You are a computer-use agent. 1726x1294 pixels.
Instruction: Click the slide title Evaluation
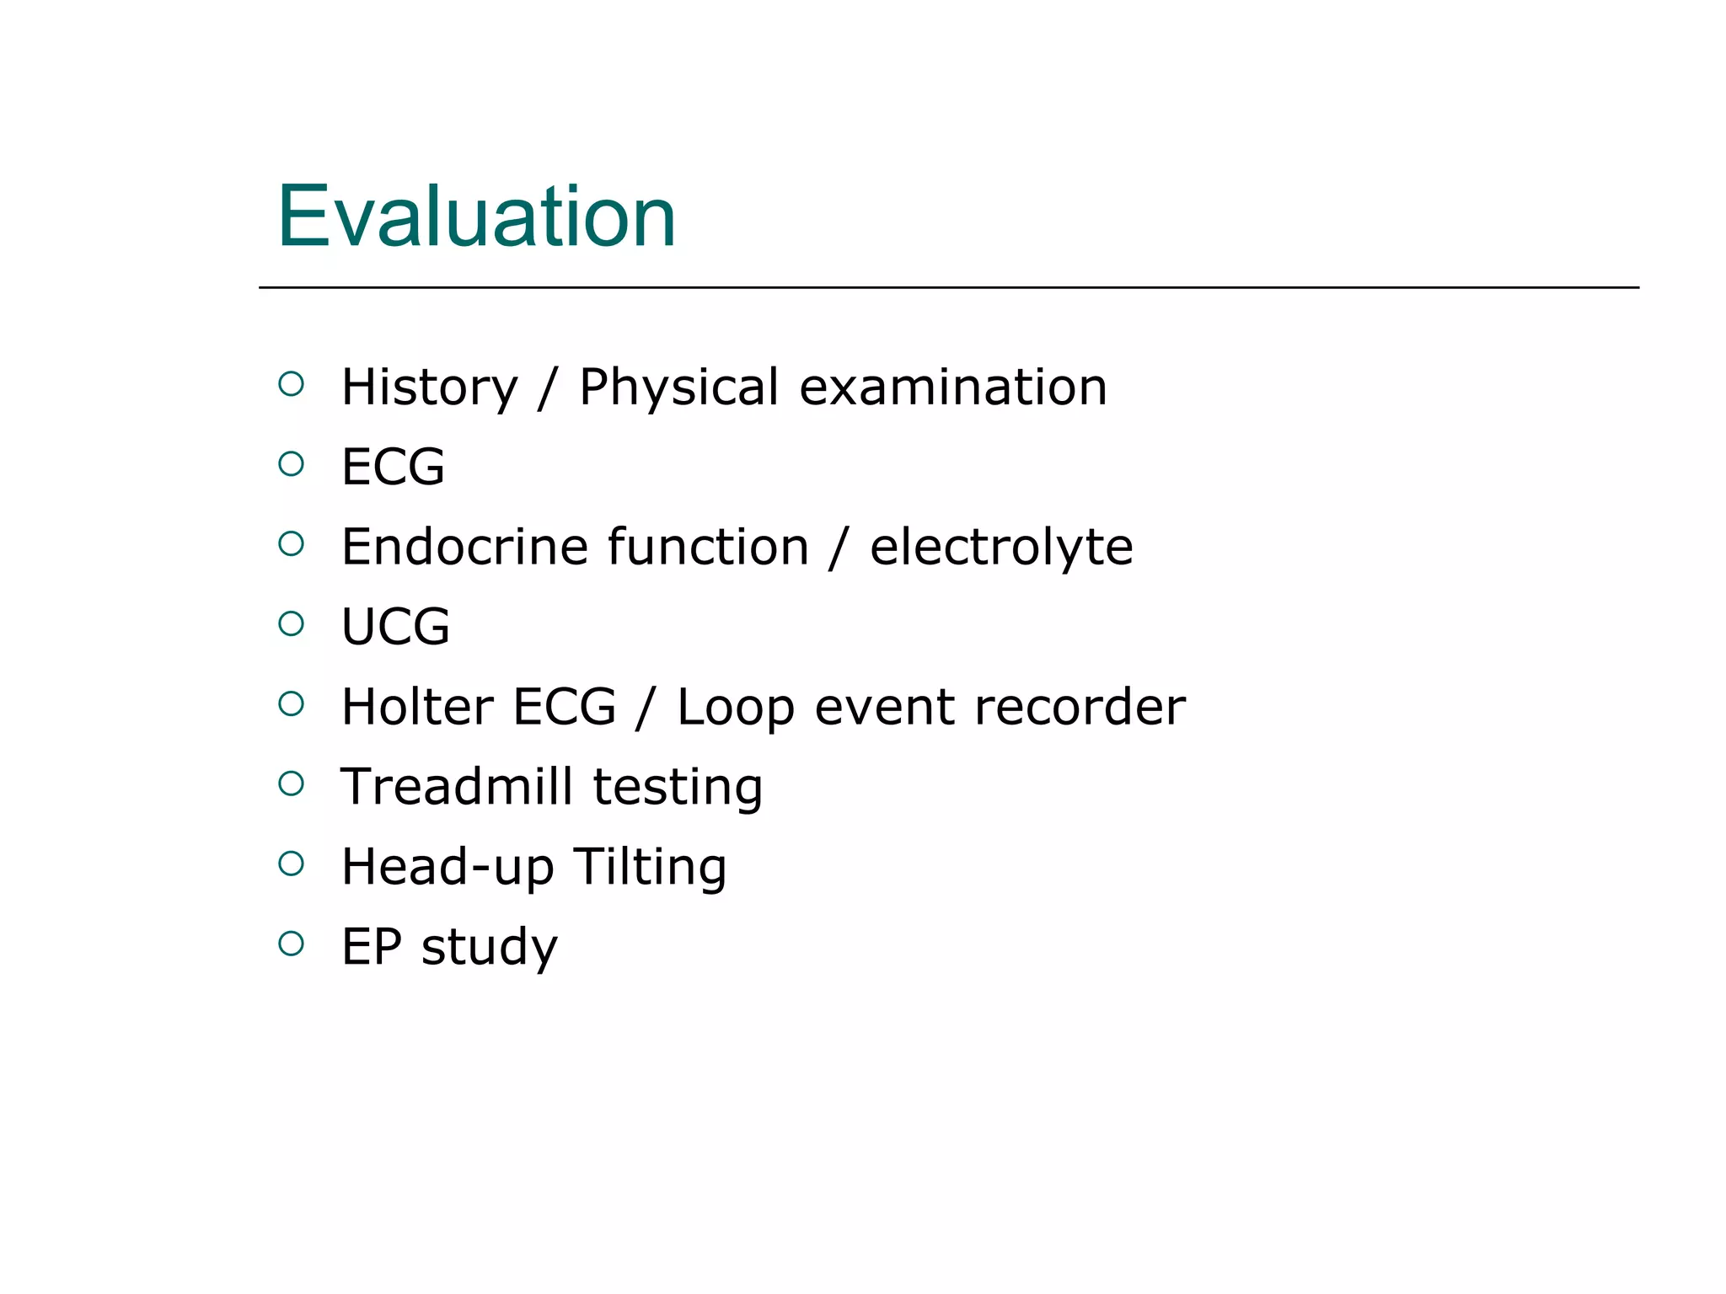[x=476, y=217]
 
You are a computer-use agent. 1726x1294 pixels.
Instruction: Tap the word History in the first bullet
[x=429, y=388]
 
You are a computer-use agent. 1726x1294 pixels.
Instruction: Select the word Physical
[x=678, y=388]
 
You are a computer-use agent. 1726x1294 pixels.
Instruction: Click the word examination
[x=952, y=388]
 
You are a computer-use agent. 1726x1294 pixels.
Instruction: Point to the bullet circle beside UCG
[x=291, y=623]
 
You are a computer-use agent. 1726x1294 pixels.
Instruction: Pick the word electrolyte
[x=1001, y=547]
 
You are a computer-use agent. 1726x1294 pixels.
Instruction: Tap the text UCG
[x=395, y=627]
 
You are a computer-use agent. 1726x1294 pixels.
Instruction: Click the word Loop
[x=735, y=708]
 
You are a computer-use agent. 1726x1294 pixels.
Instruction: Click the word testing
[x=678, y=788]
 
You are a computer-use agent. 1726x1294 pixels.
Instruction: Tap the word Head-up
[x=448, y=867]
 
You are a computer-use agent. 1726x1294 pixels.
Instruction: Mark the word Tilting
[x=650, y=867]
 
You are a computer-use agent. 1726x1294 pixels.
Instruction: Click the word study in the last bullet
[x=489, y=947]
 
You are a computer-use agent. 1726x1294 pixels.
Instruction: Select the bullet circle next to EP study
[x=291, y=943]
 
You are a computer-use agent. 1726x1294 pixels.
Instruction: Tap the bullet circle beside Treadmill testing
[x=291, y=783]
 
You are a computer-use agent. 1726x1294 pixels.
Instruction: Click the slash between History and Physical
[x=548, y=388]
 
